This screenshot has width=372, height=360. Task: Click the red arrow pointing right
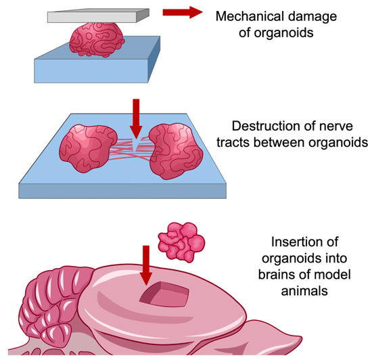173,13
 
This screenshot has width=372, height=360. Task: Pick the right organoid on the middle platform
176,150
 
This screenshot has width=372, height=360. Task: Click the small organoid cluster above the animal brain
181,240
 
